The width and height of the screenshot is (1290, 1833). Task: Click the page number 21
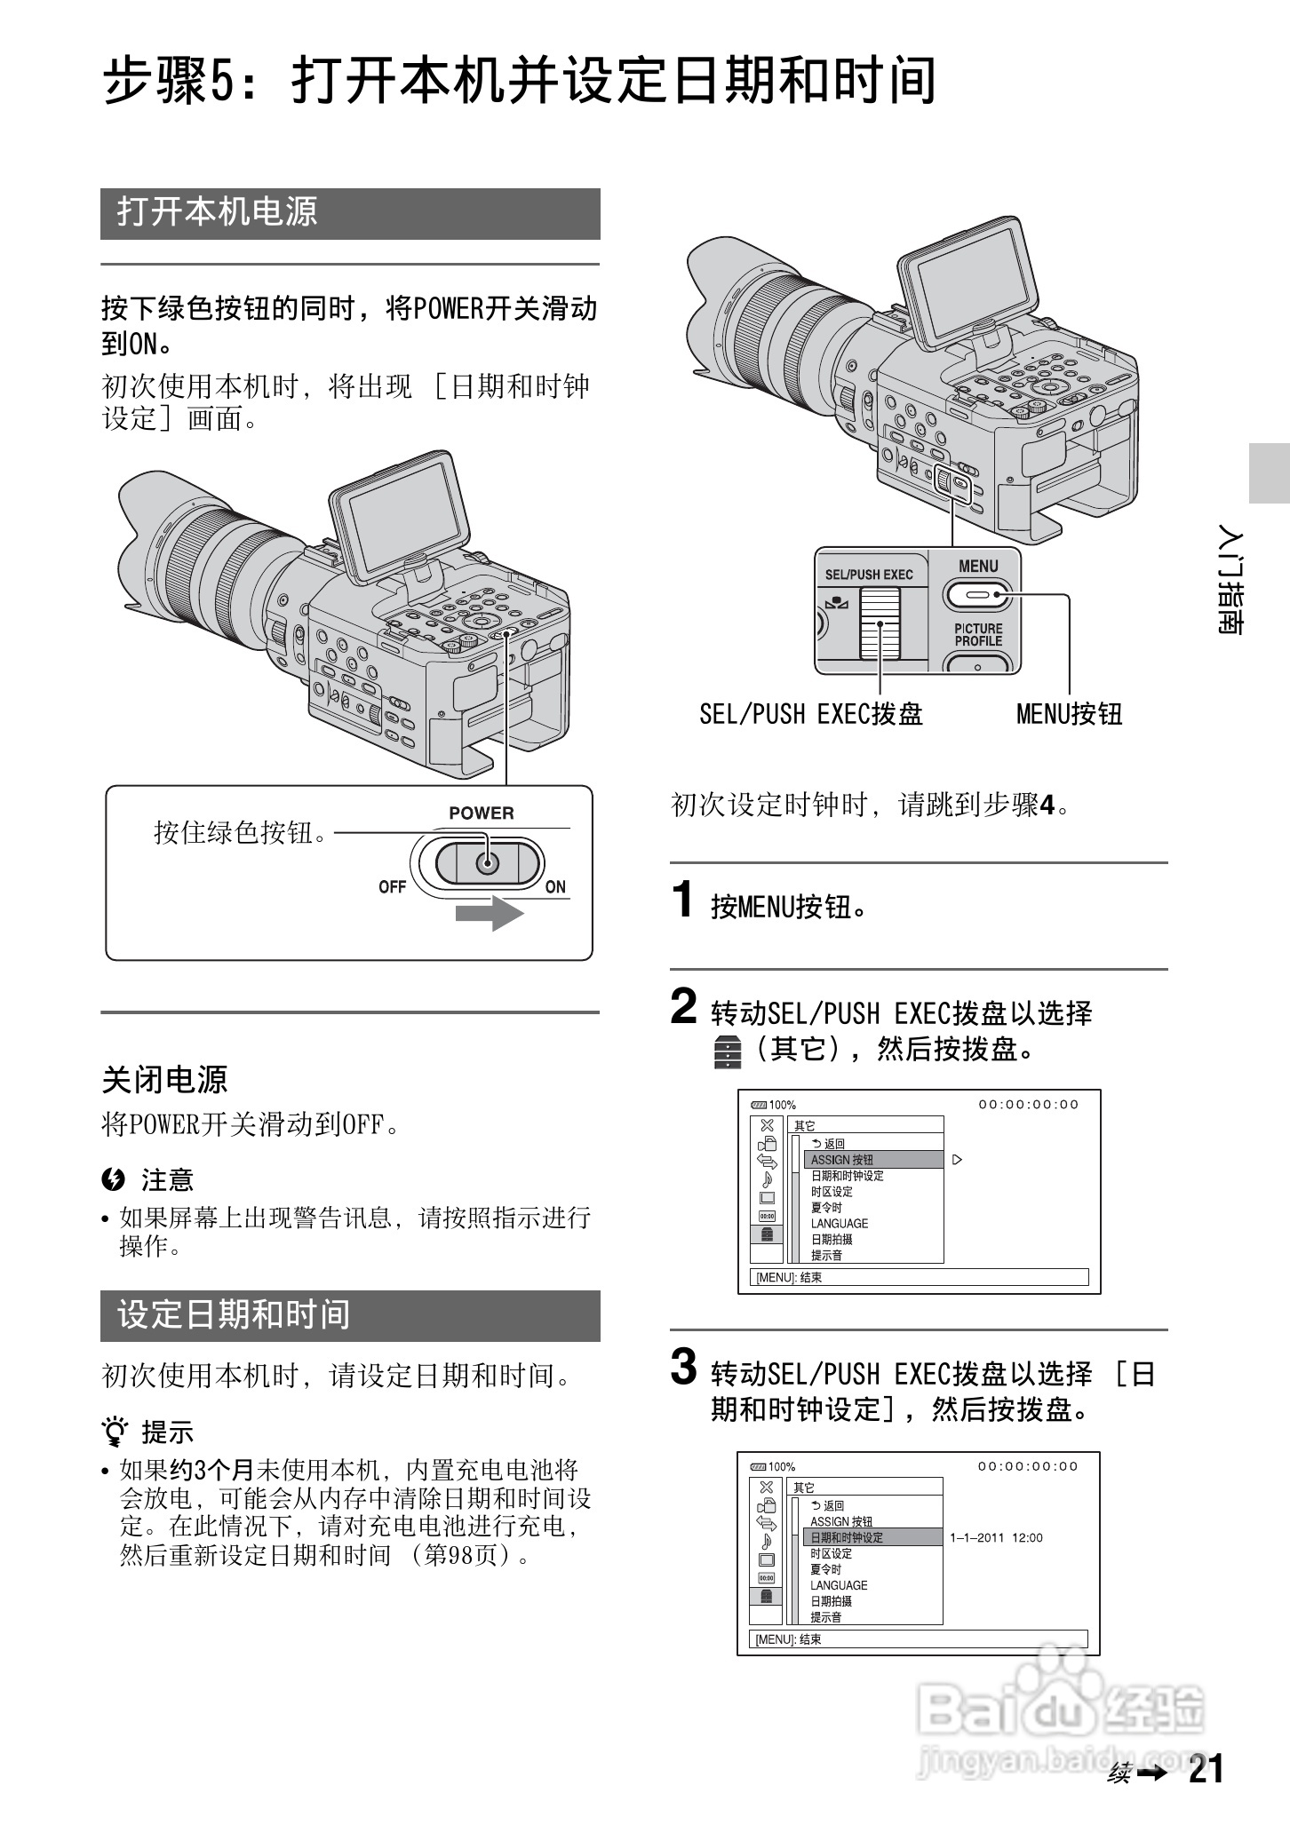click(x=1206, y=1769)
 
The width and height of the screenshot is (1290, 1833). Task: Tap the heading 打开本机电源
click(x=218, y=212)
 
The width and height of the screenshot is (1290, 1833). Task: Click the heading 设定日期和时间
click(x=234, y=1314)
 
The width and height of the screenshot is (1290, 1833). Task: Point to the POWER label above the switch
click(x=481, y=813)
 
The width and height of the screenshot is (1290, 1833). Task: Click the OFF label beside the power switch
click(x=392, y=886)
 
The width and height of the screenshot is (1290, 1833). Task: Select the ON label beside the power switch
click(x=555, y=886)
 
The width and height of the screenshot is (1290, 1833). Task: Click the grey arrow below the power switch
click(x=490, y=914)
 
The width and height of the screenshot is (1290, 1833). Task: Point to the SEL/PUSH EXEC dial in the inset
click(x=880, y=626)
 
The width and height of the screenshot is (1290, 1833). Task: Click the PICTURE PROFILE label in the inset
click(x=978, y=634)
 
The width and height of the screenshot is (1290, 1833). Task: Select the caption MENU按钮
click(x=1069, y=714)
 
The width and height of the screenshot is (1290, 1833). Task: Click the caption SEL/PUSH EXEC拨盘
click(x=810, y=714)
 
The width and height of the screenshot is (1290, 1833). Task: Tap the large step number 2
click(x=683, y=1007)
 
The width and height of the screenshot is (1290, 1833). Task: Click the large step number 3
click(x=683, y=1368)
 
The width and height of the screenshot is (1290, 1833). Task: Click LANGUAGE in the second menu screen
click(x=839, y=1585)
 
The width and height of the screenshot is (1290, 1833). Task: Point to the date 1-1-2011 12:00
click(x=996, y=1537)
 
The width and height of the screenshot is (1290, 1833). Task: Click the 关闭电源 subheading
click(x=165, y=1080)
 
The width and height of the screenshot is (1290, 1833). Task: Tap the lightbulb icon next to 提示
click(x=115, y=1432)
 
